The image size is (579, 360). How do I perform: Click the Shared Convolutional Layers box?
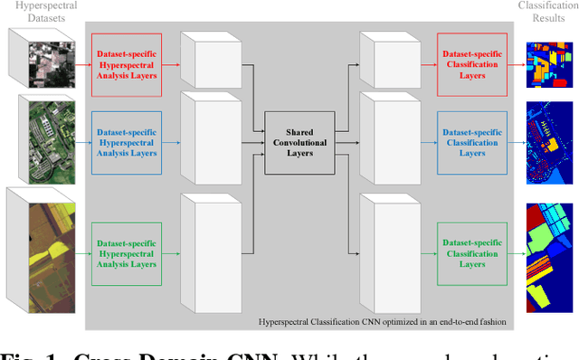pos(299,142)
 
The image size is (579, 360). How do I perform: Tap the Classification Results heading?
pos(547,12)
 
